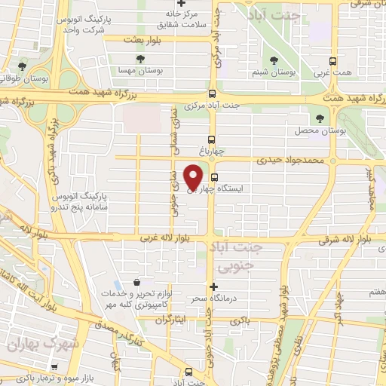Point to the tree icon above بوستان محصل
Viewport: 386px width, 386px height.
click(x=321, y=118)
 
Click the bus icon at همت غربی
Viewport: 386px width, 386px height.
click(x=332, y=60)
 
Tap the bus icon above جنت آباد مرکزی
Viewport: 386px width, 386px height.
click(x=212, y=94)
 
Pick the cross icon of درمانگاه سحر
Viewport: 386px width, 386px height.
click(x=214, y=286)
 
